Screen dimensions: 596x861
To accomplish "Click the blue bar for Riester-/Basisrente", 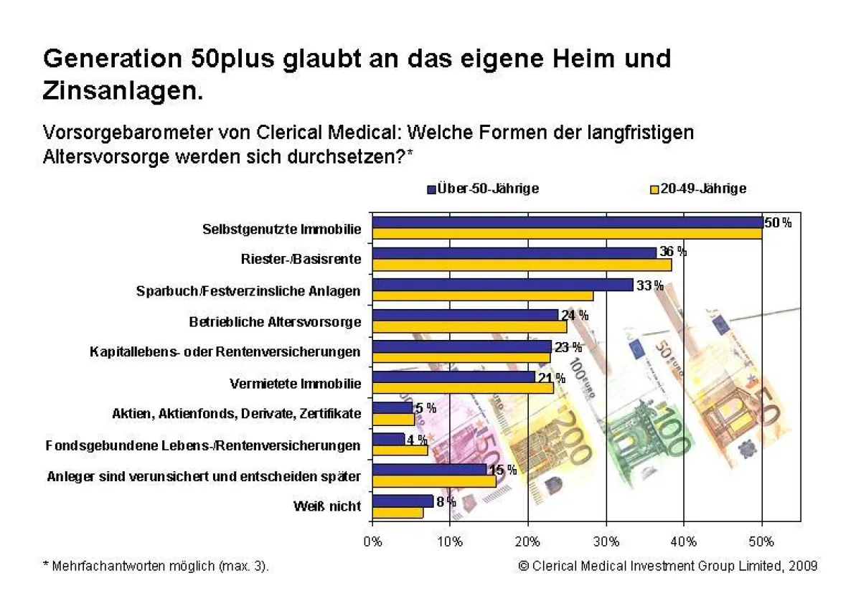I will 514,253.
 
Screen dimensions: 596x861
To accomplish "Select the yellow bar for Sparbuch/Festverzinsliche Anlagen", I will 482,296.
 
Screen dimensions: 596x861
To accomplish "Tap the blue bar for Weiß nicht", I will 403,501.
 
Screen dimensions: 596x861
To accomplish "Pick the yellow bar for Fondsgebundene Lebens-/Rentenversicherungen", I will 400,450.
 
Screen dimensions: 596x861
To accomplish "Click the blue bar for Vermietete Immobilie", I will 453,377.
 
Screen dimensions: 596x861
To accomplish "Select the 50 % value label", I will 778,223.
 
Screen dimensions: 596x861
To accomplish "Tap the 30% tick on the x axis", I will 606,541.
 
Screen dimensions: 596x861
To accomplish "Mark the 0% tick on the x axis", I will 372,541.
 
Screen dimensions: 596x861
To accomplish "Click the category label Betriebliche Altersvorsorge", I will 275,322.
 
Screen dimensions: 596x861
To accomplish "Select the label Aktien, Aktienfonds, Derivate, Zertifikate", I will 237,414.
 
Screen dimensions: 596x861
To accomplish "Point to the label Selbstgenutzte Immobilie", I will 281,230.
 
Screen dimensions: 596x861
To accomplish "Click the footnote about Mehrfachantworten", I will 156,566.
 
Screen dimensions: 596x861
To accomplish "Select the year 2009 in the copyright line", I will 801,566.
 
